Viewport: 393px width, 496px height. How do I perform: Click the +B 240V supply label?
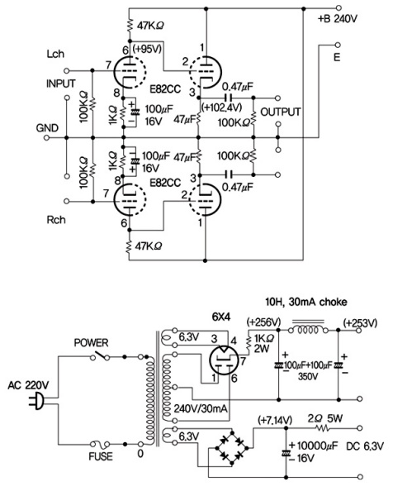click(338, 19)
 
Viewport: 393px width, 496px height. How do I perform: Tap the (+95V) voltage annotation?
click(147, 49)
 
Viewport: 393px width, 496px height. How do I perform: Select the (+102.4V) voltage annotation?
click(221, 107)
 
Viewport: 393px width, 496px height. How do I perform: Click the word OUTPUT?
click(280, 112)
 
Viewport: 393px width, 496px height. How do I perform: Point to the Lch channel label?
click(55, 54)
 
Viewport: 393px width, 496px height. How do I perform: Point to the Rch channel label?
click(56, 220)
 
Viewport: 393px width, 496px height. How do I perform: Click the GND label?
click(47, 128)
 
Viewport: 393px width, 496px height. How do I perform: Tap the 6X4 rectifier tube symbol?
click(224, 360)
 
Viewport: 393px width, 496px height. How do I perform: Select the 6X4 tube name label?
click(220, 317)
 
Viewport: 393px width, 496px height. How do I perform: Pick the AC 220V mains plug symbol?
click(36, 400)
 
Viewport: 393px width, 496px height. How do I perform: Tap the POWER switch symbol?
click(100, 355)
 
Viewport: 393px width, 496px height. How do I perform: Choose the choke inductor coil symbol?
click(308, 330)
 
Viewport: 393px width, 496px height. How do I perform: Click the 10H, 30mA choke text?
click(305, 302)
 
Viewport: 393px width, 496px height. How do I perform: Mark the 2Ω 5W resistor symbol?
click(322, 428)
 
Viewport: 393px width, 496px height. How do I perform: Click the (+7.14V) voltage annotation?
click(275, 420)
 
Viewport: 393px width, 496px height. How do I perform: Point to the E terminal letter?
click(337, 57)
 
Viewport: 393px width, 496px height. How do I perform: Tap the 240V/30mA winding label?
click(201, 408)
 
